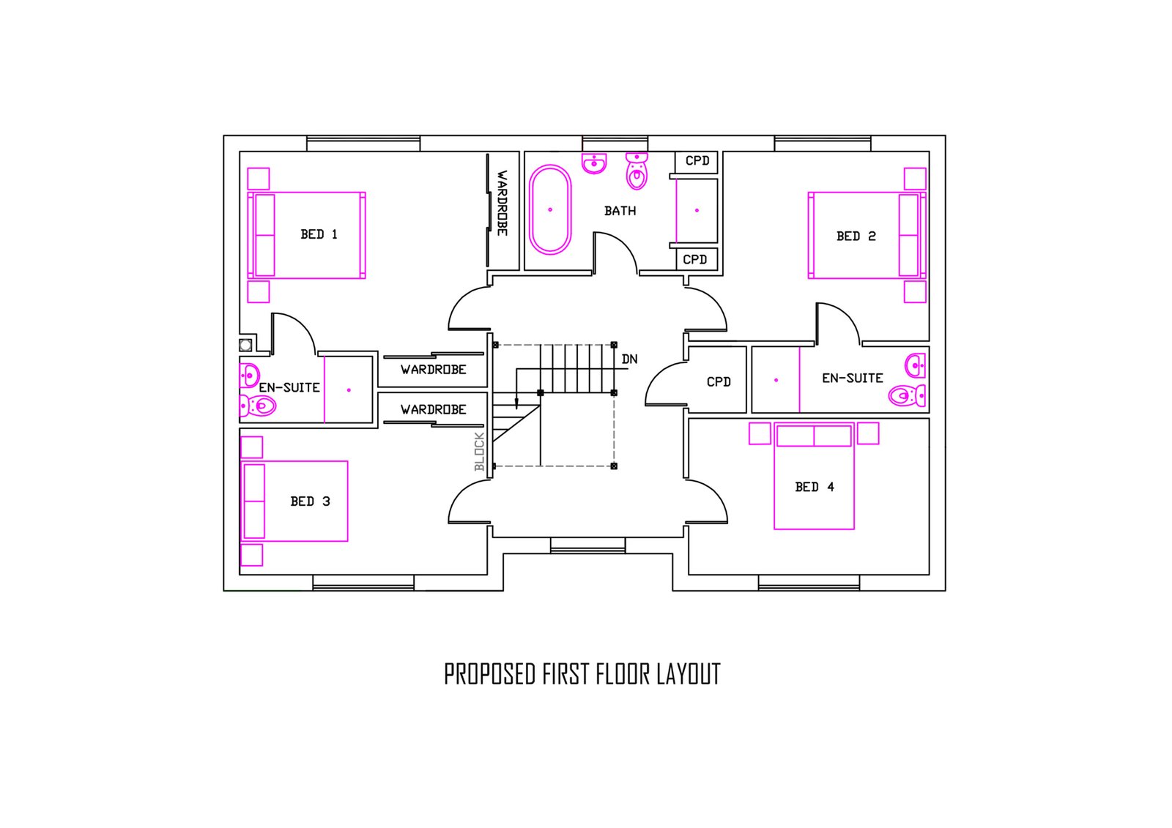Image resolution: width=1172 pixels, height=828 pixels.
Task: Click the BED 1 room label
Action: click(x=319, y=234)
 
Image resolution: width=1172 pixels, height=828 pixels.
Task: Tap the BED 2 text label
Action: click(x=856, y=236)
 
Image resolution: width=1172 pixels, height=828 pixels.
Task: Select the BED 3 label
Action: click(x=311, y=501)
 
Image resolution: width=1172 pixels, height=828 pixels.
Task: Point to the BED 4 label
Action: click(x=815, y=487)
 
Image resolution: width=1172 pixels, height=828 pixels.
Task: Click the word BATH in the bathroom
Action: click(x=620, y=211)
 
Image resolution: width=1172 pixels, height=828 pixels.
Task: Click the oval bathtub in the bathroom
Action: click(x=550, y=210)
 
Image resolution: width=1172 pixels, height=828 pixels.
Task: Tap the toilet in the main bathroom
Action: click(x=637, y=171)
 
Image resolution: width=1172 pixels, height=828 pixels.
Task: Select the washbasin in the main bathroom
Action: click(x=594, y=163)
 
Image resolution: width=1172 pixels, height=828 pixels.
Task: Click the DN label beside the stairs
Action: click(x=629, y=359)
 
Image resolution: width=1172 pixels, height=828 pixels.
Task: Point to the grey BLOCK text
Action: click(x=479, y=452)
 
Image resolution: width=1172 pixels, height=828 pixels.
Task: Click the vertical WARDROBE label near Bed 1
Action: click(x=502, y=203)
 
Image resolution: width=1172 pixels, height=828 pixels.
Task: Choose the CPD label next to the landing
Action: click(x=719, y=382)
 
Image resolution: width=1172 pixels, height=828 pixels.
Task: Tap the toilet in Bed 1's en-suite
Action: click(x=257, y=406)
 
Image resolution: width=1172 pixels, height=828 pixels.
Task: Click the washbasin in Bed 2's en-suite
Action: click(x=915, y=365)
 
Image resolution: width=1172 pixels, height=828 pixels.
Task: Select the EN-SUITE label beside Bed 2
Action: click(x=853, y=378)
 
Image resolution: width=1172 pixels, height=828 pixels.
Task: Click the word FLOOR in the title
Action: click(x=623, y=674)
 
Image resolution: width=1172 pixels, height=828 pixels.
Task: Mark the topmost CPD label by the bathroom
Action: click(x=697, y=160)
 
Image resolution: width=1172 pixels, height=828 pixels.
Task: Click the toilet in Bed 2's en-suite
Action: click(x=907, y=395)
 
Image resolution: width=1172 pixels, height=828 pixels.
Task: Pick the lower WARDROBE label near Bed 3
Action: click(x=433, y=409)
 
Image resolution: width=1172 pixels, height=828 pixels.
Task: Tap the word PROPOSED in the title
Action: click(x=490, y=674)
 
